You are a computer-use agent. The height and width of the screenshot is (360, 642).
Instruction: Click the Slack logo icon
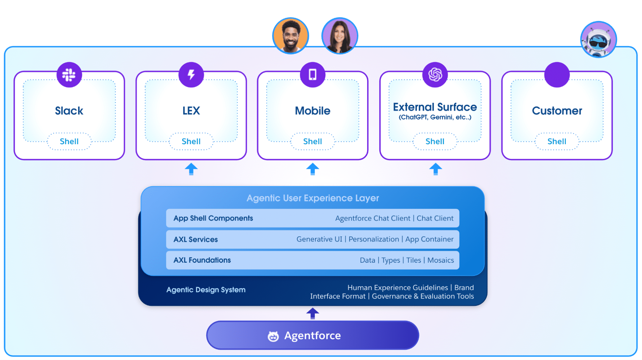pos(69,75)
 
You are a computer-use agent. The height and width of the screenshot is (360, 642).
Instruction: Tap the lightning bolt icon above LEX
pos(191,75)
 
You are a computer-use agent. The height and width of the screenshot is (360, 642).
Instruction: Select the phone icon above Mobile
pos(312,75)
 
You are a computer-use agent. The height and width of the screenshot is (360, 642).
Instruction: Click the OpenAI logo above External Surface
pos(435,75)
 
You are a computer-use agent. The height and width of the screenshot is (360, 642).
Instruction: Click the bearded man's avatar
pos(291,36)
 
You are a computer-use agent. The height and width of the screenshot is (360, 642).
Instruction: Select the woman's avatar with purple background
pos(339,36)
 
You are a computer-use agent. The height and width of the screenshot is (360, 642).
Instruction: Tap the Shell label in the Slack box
pos(69,141)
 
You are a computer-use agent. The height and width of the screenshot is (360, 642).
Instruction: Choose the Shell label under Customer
pos(557,141)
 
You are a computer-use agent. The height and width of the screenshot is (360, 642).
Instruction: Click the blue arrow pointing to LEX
pos(191,169)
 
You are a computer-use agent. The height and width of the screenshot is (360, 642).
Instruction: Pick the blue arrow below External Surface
pos(435,169)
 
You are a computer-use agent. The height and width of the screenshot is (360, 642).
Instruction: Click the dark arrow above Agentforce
pos(312,313)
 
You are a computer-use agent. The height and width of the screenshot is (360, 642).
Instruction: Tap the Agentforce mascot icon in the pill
pos(273,336)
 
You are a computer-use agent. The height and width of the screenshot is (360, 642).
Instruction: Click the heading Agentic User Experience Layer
pos(312,198)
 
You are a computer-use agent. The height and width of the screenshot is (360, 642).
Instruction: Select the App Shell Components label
pos(213,218)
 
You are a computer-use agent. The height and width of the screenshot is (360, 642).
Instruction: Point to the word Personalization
pos(374,239)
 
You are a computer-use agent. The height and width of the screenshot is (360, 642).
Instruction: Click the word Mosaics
pos(440,260)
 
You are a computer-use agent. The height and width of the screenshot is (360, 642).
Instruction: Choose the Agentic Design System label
pos(206,290)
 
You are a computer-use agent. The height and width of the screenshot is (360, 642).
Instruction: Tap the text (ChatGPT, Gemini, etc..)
pos(435,117)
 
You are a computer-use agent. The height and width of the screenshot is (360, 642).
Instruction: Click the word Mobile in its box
pos(312,111)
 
